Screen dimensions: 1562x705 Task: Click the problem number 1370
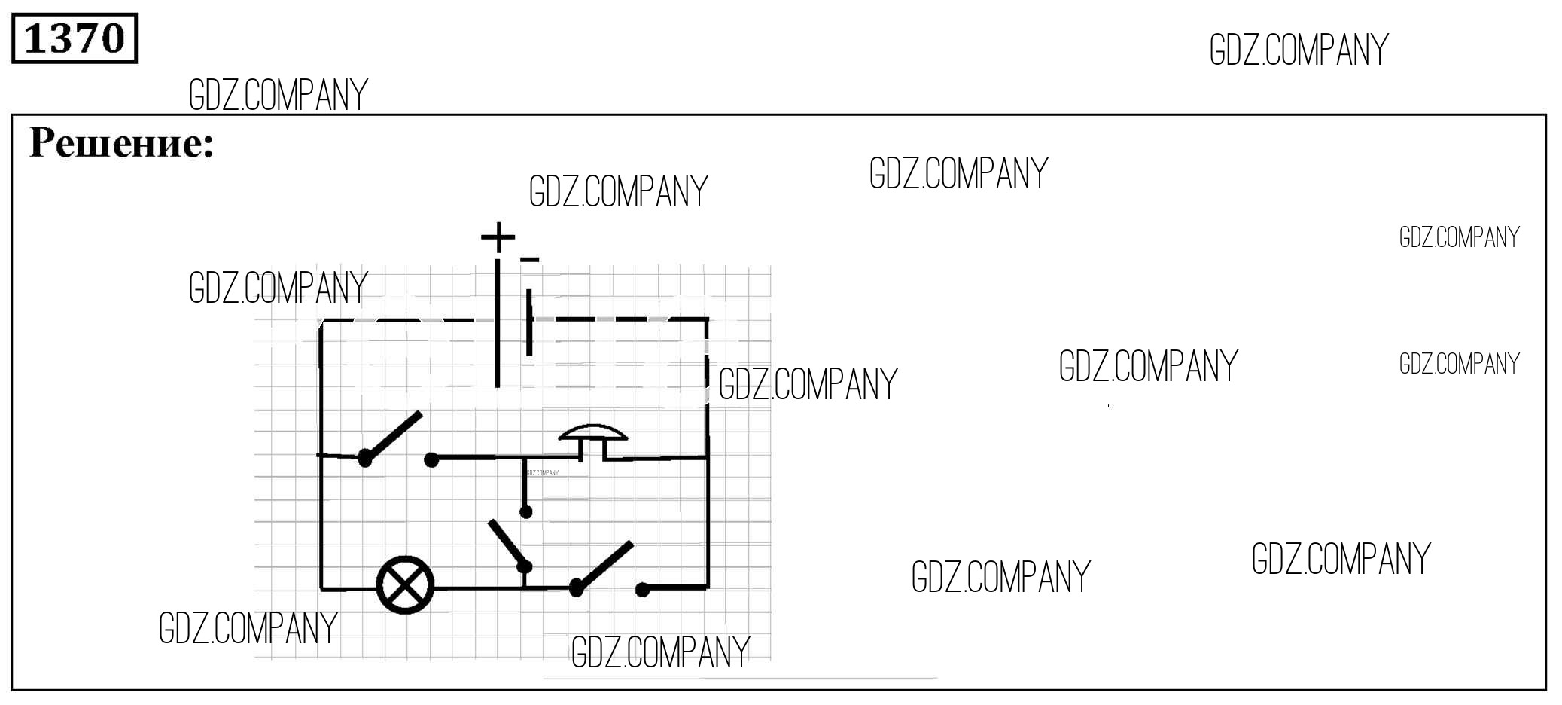point(75,38)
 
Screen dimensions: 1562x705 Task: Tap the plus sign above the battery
point(498,238)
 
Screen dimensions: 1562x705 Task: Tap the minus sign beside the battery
point(530,260)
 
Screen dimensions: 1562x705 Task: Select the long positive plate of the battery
point(498,323)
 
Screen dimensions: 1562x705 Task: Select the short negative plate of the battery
point(529,322)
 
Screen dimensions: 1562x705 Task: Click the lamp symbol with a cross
point(405,585)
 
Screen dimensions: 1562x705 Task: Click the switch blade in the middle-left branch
point(392,435)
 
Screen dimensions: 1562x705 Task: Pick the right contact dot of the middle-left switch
point(431,459)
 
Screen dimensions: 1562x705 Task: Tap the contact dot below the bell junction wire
point(526,512)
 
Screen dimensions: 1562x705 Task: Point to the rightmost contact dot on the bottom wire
point(642,590)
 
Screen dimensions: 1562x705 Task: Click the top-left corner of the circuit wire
point(321,321)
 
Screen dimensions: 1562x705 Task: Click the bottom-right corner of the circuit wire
point(708,587)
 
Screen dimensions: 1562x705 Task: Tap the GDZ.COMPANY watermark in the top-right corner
point(1299,50)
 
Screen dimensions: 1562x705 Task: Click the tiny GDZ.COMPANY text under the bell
point(543,473)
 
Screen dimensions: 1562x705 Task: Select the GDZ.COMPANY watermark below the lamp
point(248,627)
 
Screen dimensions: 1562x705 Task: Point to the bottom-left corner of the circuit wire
point(321,587)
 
